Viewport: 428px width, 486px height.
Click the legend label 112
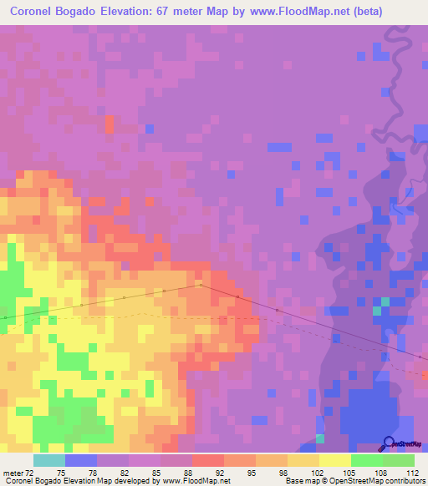click(412, 471)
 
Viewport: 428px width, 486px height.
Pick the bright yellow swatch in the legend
click(334, 460)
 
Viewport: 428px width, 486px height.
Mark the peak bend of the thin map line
click(200, 284)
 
